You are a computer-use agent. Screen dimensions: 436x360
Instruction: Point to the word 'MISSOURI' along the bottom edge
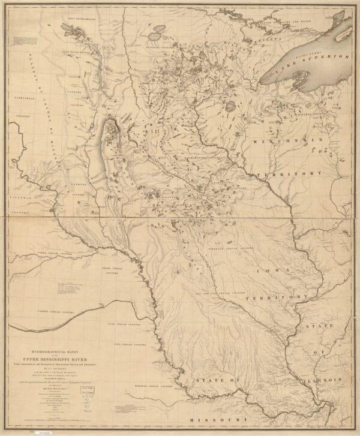[x=217, y=419]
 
